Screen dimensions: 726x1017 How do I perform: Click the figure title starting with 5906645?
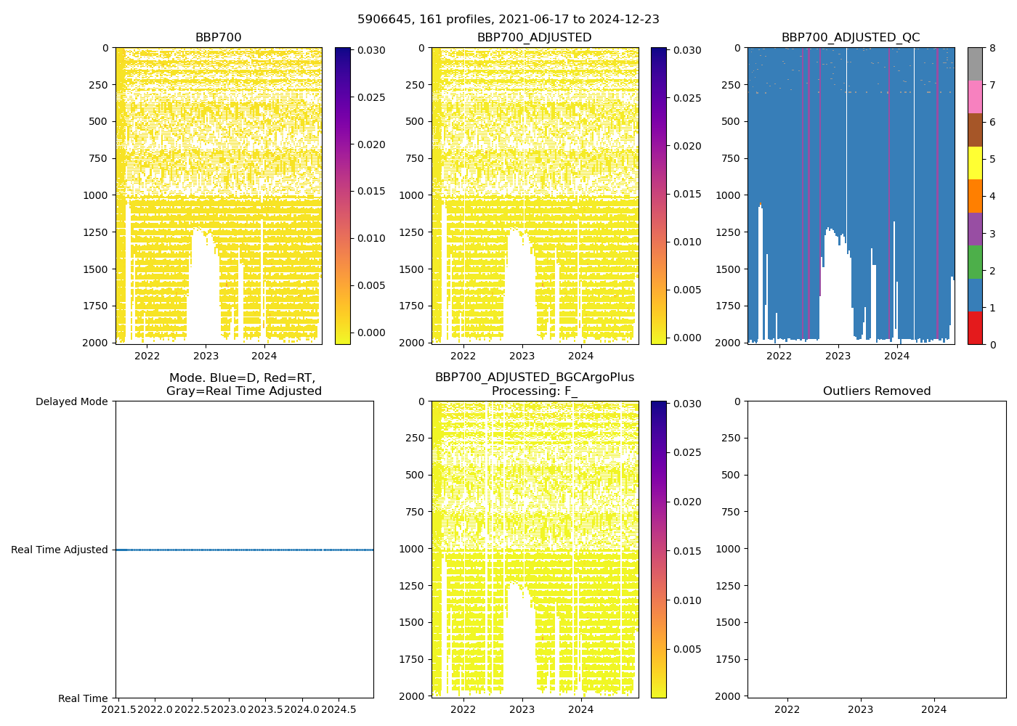coord(508,20)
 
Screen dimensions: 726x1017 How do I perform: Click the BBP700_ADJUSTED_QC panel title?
coord(851,38)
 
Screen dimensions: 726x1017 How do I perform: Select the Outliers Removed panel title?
coord(876,391)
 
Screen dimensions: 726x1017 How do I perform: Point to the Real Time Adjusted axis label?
coord(60,550)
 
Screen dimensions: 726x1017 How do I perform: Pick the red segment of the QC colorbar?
coord(975,328)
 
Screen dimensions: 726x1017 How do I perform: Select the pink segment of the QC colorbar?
coord(975,97)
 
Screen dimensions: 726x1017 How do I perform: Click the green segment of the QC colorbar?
coord(975,261)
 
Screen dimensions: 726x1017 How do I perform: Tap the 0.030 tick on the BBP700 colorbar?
coord(370,51)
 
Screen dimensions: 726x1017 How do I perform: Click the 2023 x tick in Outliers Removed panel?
coord(861,709)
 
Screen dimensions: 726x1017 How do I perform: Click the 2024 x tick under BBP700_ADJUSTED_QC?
coord(897,356)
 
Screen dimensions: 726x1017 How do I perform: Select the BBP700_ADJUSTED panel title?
coord(534,38)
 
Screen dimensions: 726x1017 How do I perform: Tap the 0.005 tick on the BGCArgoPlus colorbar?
coord(686,650)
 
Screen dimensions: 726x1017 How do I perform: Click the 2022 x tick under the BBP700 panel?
coord(147,356)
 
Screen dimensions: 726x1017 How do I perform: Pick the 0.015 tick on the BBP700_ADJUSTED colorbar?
coord(686,195)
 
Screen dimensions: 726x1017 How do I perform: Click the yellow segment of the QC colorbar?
coord(975,163)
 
